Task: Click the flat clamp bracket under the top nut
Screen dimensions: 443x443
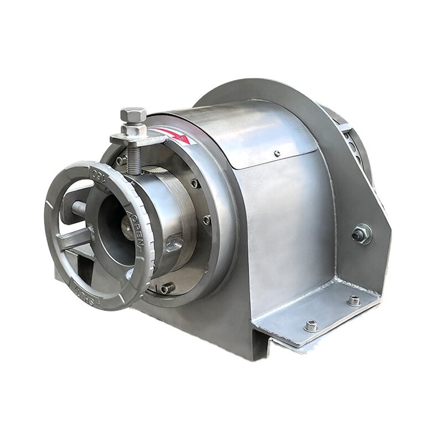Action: pos(138,138)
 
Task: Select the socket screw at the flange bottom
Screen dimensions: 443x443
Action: pos(167,288)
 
